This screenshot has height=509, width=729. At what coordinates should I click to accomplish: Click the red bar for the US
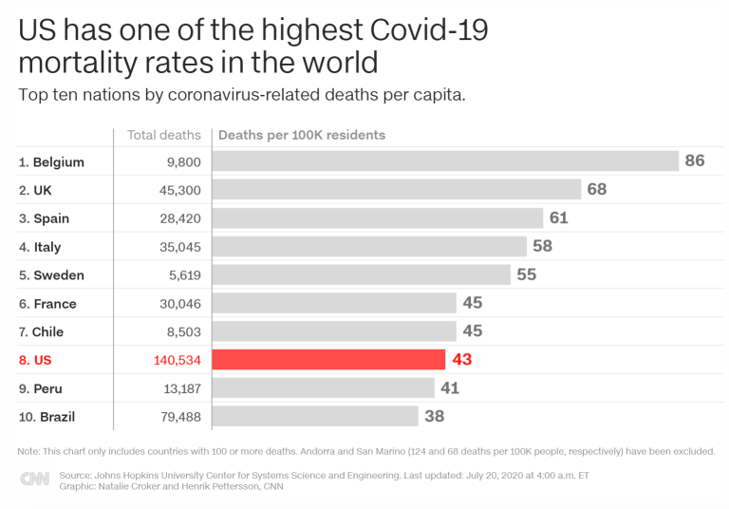[x=328, y=360]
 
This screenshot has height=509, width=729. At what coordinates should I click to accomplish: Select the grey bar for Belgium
[x=444, y=161]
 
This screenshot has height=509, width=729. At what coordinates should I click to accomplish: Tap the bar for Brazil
[x=315, y=416]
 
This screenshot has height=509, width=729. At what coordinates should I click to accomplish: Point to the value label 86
[x=695, y=160]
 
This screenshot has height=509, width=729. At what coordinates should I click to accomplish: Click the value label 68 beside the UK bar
[x=597, y=189]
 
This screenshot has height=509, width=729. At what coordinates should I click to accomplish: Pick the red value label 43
[x=461, y=360]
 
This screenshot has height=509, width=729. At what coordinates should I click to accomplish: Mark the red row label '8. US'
[x=34, y=361]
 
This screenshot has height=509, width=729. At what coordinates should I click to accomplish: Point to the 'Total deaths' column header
[x=164, y=135]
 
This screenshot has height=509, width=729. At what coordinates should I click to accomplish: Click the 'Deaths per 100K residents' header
[x=302, y=135]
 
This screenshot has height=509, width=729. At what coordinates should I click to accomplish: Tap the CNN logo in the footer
[x=35, y=480]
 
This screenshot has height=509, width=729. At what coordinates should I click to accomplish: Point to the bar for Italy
[x=369, y=247]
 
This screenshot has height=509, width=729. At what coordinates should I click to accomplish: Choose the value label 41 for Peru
[x=450, y=388]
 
